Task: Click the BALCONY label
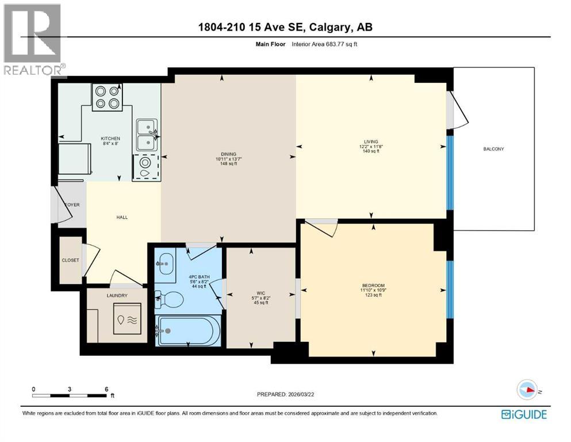point(493,149)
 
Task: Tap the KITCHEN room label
point(110,139)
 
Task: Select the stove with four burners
point(107,97)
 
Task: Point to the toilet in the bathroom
point(170,299)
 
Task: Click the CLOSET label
point(71,260)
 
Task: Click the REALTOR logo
point(33,40)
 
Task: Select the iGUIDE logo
point(524,414)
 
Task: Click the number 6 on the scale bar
point(106,389)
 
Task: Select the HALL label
point(122,217)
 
